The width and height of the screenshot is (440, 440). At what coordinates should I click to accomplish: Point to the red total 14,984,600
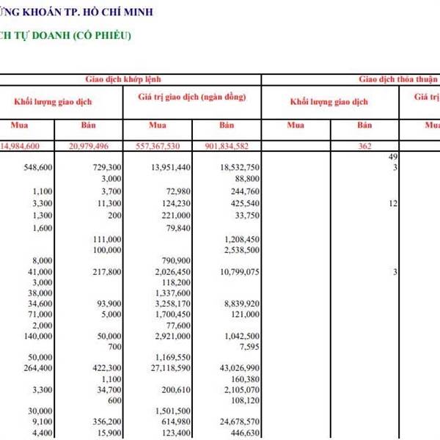(x=30, y=146)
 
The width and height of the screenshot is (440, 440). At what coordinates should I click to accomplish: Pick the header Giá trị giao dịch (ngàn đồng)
(x=191, y=97)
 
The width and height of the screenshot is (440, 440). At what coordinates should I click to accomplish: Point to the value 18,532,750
(x=239, y=168)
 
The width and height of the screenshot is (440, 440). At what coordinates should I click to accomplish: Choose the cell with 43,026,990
(x=239, y=367)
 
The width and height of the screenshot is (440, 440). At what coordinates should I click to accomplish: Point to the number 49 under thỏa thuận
(x=392, y=158)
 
